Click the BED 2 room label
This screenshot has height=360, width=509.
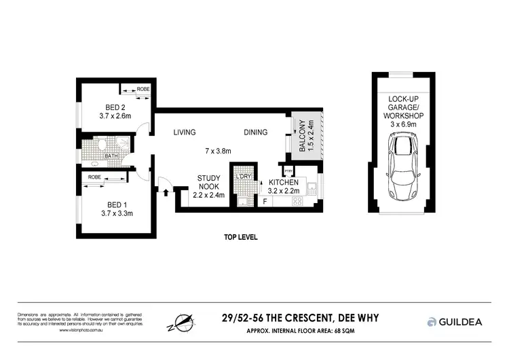114,107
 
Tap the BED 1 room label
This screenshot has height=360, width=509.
114,204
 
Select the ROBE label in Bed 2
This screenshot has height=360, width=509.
143,90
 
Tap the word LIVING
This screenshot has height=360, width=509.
184,132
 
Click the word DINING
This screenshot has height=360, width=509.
256,132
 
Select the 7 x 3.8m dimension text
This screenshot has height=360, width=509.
219,151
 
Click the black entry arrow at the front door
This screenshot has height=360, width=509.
166,192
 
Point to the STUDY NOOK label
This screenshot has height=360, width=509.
208,182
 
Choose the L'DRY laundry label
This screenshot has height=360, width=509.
242,177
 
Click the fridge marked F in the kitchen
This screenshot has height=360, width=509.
265,202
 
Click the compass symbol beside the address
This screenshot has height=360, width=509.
181,322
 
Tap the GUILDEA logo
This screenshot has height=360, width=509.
454,321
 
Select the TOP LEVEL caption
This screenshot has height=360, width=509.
240,238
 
